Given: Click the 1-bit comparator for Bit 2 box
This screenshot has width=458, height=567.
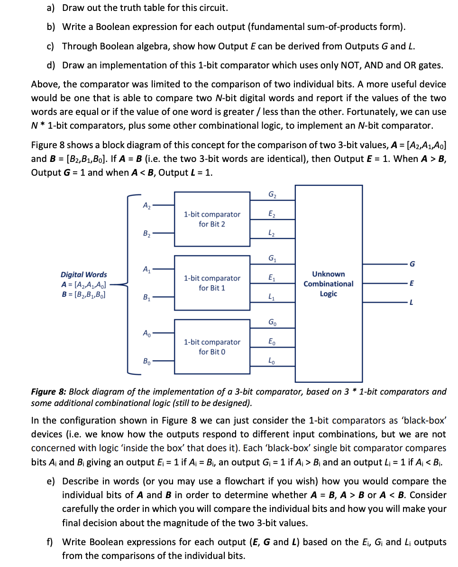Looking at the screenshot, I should (212, 219).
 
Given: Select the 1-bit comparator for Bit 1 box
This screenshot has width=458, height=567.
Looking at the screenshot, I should (212, 283).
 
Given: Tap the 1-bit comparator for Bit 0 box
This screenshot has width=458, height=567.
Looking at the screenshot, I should (212, 347).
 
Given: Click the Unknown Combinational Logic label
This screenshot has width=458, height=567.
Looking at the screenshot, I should (328, 283).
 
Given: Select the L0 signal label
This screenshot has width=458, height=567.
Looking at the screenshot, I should (272, 361).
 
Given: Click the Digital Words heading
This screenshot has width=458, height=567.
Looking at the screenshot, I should (83, 274).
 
